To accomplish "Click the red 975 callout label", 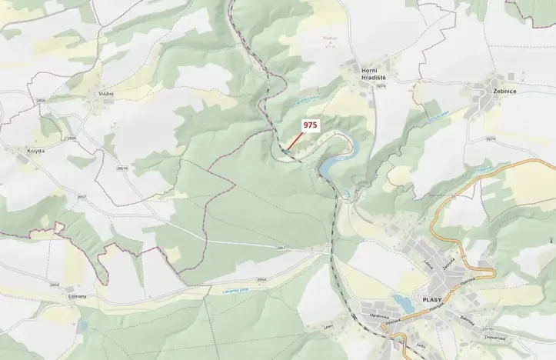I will click(310, 125).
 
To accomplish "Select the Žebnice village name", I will click(500, 90).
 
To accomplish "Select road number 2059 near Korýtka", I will click(71, 138).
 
